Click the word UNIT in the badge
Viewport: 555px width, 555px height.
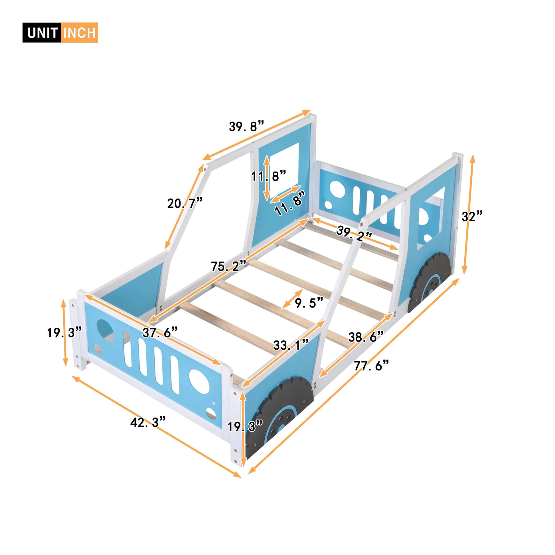[x=42, y=33]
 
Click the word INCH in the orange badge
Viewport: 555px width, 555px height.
[x=79, y=33]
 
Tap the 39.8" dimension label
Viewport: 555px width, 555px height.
[x=246, y=126]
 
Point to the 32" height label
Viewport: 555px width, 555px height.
[x=472, y=216]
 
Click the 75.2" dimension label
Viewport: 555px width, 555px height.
[x=228, y=266]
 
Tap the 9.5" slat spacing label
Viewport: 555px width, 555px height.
[x=309, y=303]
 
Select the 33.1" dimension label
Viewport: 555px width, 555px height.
[x=290, y=345]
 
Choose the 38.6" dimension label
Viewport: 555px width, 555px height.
[x=366, y=337]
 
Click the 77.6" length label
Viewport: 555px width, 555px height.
[x=371, y=366]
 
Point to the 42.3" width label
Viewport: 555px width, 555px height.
[x=148, y=422]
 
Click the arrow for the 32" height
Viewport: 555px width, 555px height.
[x=468, y=214]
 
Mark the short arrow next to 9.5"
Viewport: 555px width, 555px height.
[x=292, y=299]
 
